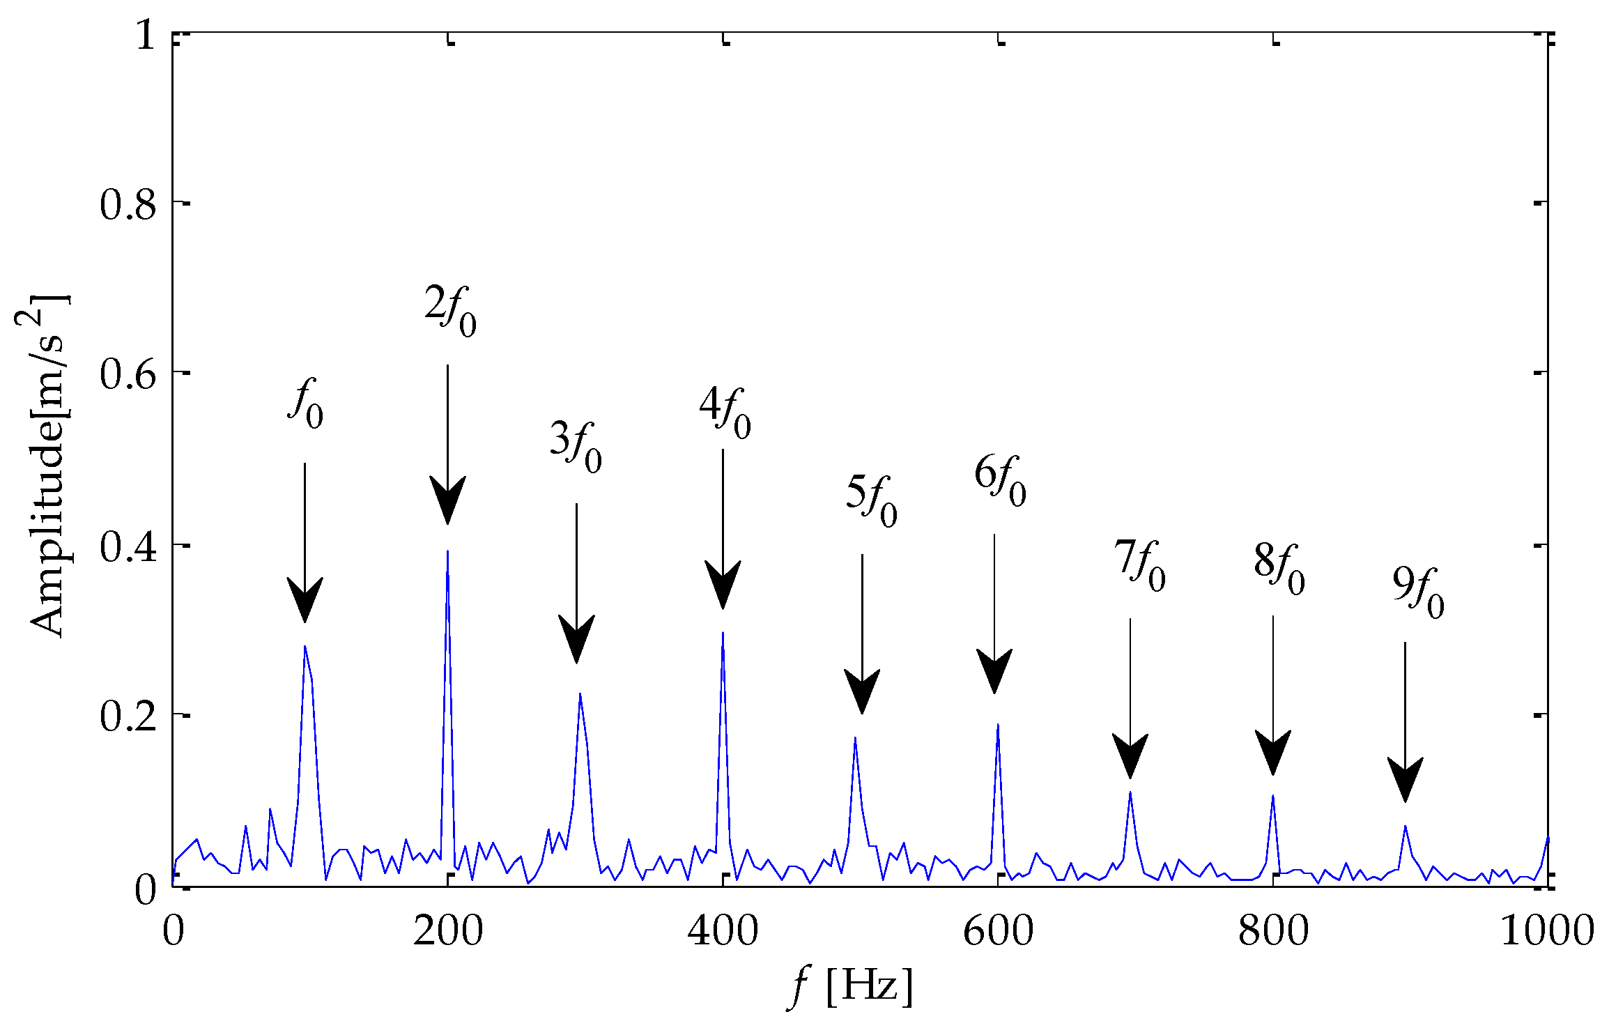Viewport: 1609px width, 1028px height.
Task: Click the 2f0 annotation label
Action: pyautogui.click(x=451, y=312)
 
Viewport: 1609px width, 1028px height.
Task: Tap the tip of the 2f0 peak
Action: pyautogui.click(x=447, y=552)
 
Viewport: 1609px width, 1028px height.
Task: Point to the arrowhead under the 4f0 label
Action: pyautogui.click(x=723, y=585)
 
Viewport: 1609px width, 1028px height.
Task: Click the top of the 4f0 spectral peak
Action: pyautogui.click(x=723, y=633)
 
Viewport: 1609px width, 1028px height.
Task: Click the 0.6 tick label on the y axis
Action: pyautogui.click(x=127, y=374)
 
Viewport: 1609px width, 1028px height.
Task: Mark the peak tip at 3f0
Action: pyautogui.click(x=580, y=693)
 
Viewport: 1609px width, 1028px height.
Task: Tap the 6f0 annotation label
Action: pyautogui.click(x=1000, y=481)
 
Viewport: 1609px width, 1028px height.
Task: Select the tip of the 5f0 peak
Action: pyautogui.click(x=855, y=737)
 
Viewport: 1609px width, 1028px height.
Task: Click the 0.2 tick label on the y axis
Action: pyautogui.click(x=127, y=716)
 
